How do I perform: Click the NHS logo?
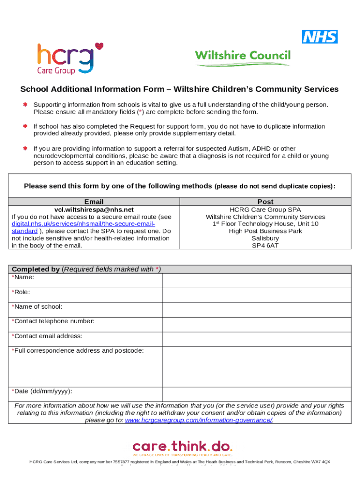pos(320,36)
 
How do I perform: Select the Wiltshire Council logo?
pos(243,57)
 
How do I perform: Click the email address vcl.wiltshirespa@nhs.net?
pos(94,210)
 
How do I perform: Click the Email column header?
pos(94,202)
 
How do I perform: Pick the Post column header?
pos(265,202)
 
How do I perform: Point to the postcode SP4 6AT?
pos(265,245)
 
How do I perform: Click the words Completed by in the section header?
pos(36,269)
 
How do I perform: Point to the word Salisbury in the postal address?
pos(265,238)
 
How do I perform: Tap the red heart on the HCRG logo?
pos(99,46)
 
